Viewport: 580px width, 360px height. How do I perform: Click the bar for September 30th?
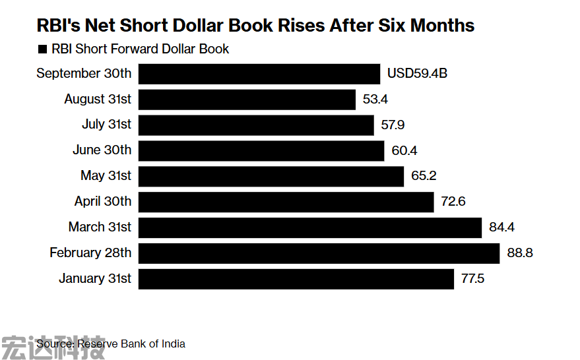click(259, 73)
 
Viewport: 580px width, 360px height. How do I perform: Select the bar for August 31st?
click(247, 99)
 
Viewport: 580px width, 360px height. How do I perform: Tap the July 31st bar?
click(256, 125)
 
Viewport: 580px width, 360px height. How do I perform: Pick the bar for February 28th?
click(319, 253)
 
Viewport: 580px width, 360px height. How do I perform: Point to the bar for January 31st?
click(296, 279)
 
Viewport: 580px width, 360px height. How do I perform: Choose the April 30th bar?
click(286, 202)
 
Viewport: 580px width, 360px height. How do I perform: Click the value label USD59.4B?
click(417, 73)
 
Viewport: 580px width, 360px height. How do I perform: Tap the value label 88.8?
click(520, 253)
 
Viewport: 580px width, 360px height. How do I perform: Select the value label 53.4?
click(375, 99)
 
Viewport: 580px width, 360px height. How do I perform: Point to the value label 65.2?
click(424, 176)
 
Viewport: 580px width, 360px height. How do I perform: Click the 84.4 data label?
click(501, 227)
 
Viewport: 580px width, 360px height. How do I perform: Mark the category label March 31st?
click(100, 227)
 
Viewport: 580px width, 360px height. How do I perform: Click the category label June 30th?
click(102, 150)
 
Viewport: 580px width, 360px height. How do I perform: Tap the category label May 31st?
click(106, 176)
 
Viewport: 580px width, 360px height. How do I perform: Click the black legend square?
click(42, 49)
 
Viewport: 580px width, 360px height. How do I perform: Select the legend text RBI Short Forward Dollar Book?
click(141, 49)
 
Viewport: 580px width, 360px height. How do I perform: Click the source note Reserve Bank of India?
click(131, 344)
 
